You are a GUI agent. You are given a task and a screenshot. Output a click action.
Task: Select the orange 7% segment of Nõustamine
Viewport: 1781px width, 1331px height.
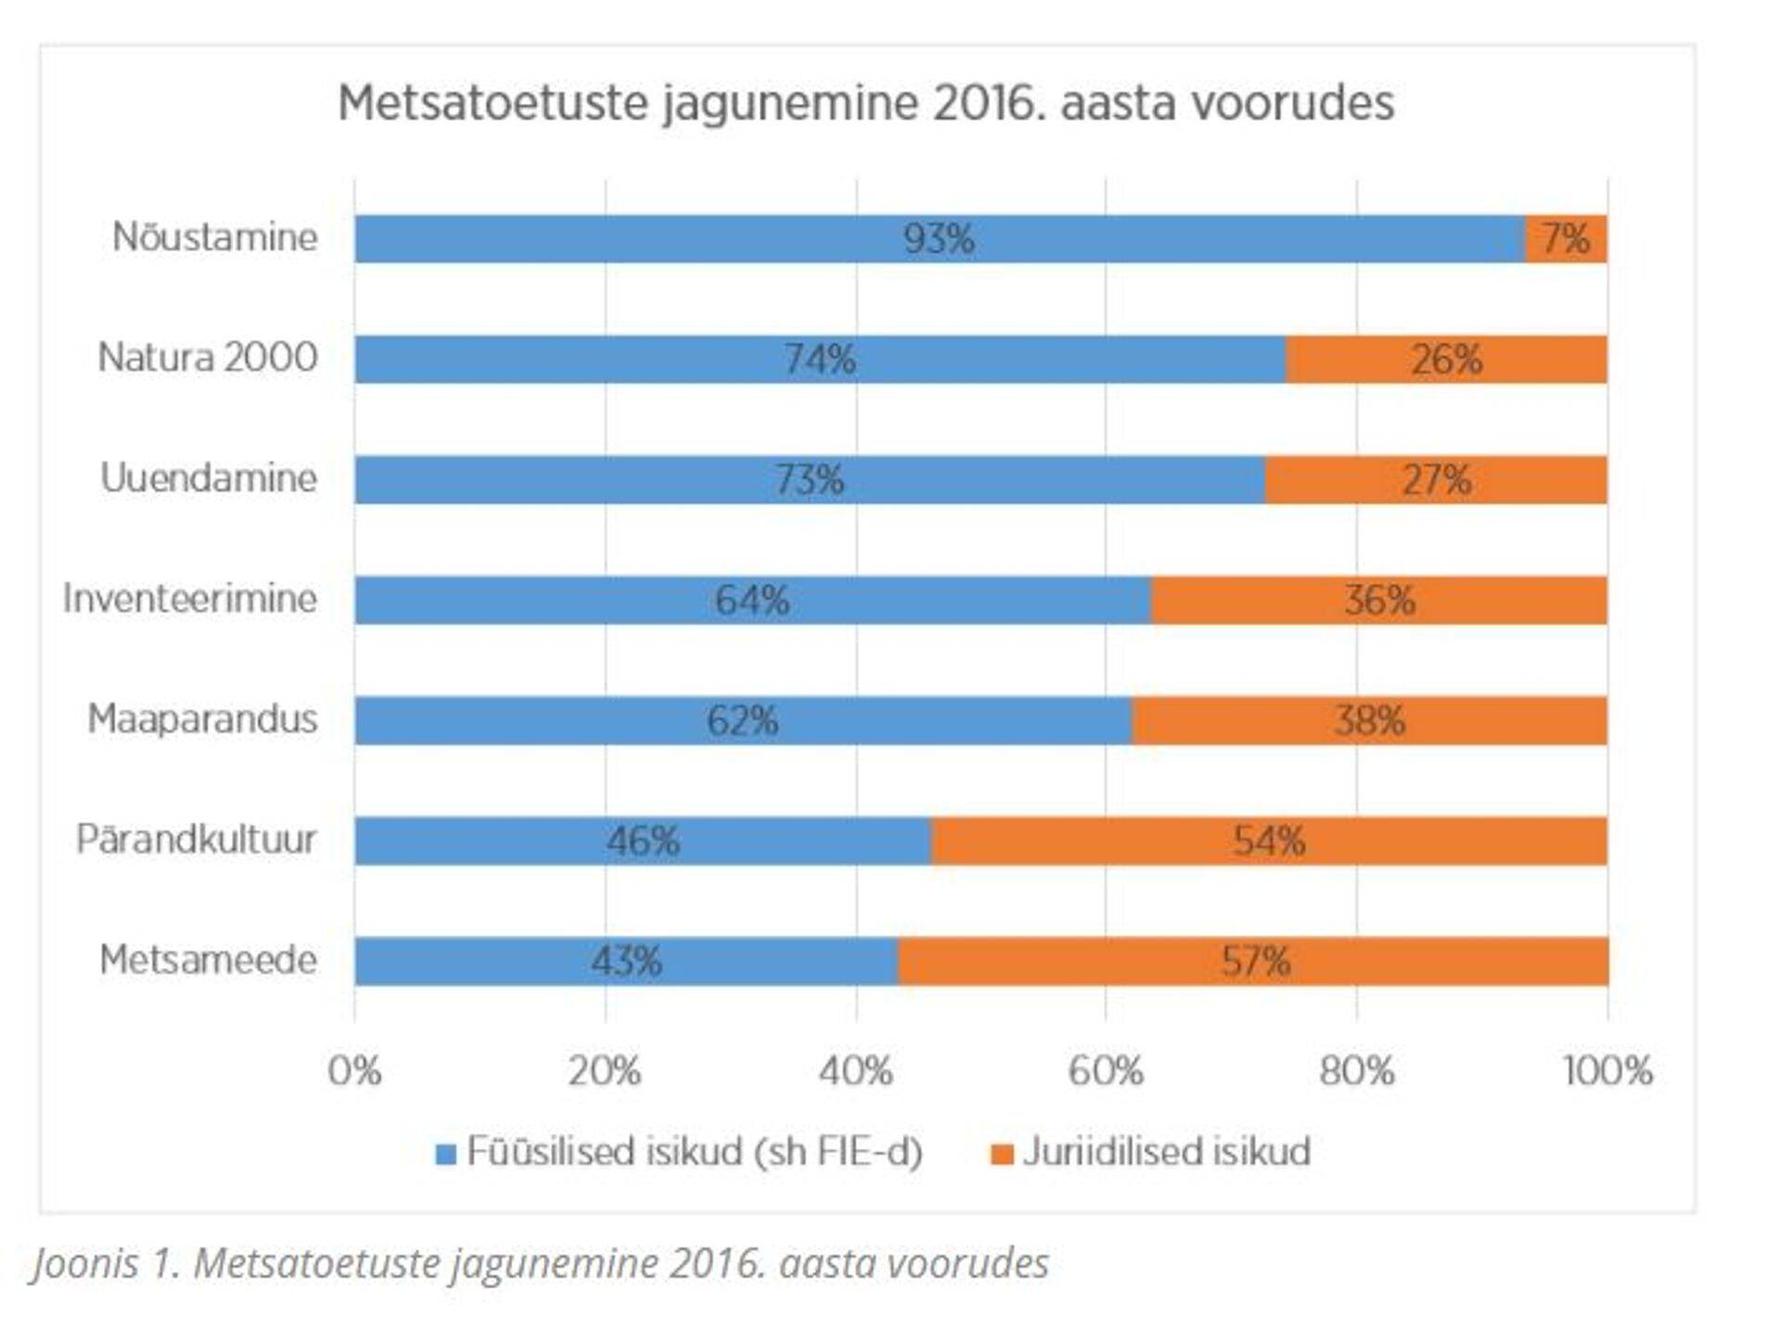pos(1566,239)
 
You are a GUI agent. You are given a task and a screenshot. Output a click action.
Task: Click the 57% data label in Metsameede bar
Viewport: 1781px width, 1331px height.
pos(1255,962)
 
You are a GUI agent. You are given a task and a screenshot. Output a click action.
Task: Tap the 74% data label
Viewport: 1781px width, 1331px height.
pos(820,360)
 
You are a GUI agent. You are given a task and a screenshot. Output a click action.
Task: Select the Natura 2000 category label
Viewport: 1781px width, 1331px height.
pos(208,358)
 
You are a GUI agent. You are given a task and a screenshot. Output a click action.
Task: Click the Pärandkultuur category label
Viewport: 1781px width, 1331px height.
pos(196,839)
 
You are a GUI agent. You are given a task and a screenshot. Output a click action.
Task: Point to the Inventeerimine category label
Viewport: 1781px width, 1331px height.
pos(190,599)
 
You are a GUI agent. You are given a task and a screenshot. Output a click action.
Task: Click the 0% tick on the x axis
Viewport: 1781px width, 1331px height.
pos(354,1071)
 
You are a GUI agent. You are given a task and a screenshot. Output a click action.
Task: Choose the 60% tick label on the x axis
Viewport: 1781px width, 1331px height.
pos(1106,1071)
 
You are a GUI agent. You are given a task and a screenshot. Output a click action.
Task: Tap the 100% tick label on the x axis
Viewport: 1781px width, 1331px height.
pos(1608,1071)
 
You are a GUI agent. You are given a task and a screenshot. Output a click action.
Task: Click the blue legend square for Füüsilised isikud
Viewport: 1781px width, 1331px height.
pos(446,1154)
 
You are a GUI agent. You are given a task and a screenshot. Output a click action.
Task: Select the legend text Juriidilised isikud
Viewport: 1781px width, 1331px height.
pos(1167,1152)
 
